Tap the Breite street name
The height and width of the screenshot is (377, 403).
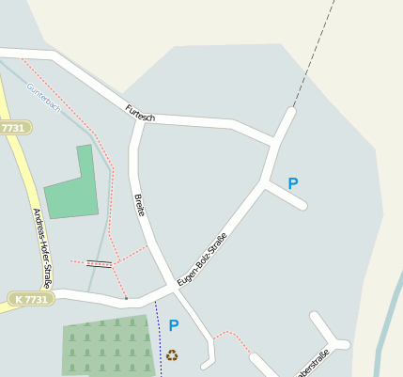click(x=140, y=205)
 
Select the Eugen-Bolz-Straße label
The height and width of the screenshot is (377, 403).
click(x=202, y=259)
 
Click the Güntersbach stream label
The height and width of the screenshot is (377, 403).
click(x=43, y=96)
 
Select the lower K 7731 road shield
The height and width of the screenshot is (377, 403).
click(x=32, y=298)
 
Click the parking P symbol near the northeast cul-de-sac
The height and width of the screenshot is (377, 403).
click(x=293, y=184)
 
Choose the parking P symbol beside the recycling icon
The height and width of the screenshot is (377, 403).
click(x=174, y=325)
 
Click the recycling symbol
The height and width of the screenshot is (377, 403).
click(x=172, y=355)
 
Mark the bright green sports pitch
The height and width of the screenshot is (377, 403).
click(x=71, y=186)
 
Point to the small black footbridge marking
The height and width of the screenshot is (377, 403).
click(x=99, y=264)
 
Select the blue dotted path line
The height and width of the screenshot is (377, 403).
click(x=160, y=338)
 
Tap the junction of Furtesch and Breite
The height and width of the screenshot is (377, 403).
click(x=143, y=119)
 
